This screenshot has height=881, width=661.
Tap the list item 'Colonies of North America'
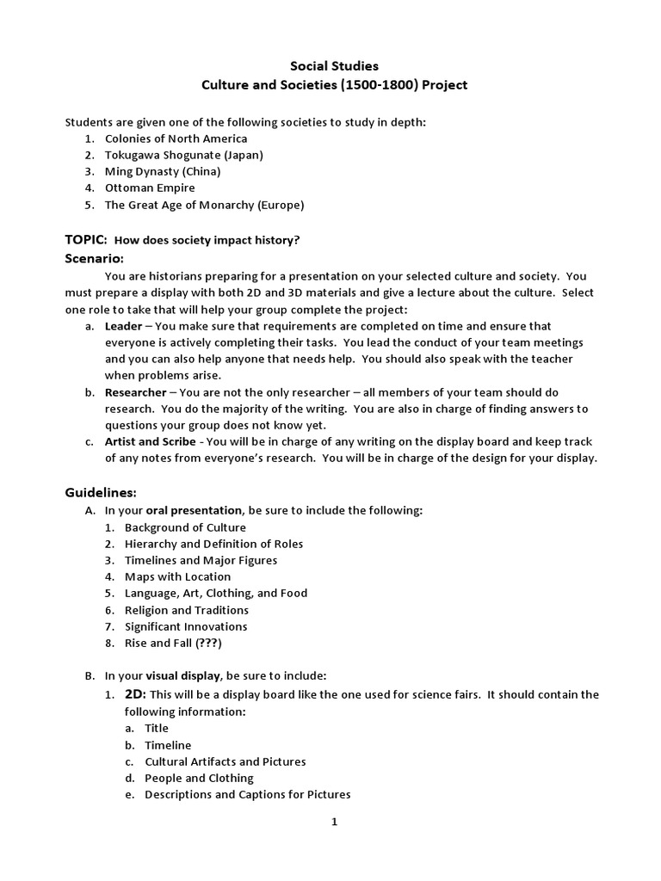pyautogui.click(x=176, y=139)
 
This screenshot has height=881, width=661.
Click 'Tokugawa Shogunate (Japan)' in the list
pyautogui.click(x=183, y=155)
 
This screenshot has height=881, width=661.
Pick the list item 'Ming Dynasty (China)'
pyautogui.click(x=163, y=171)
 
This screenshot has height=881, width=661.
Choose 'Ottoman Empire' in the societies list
pyautogui.click(x=150, y=188)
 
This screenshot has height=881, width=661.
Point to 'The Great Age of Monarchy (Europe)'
pyautogui.click(x=204, y=205)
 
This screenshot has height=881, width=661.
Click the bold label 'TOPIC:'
pyautogui.click(x=86, y=240)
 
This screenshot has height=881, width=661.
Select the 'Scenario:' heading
pyautogui.click(x=95, y=258)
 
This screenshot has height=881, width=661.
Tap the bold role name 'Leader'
pyautogui.click(x=123, y=327)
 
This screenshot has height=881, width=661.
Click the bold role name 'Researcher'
pyautogui.click(x=135, y=392)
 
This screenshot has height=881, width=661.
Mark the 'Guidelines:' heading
pyautogui.click(x=101, y=492)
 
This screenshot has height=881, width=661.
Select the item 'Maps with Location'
pyautogui.click(x=177, y=576)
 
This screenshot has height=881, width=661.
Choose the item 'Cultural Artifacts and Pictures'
pyautogui.click(x=225, y=761)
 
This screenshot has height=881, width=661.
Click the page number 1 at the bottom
pyautogui.click(x=335, y=822)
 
